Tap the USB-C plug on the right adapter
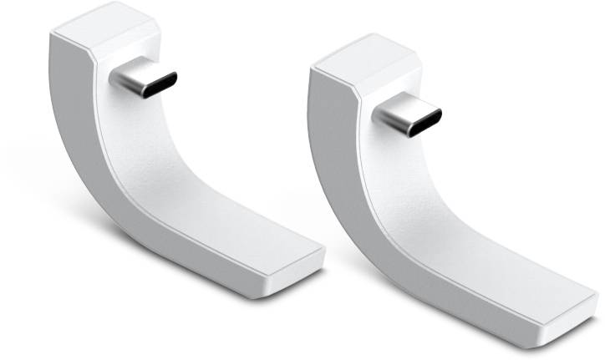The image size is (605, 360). pos(408,118)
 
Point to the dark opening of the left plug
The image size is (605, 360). pos(158,81)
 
